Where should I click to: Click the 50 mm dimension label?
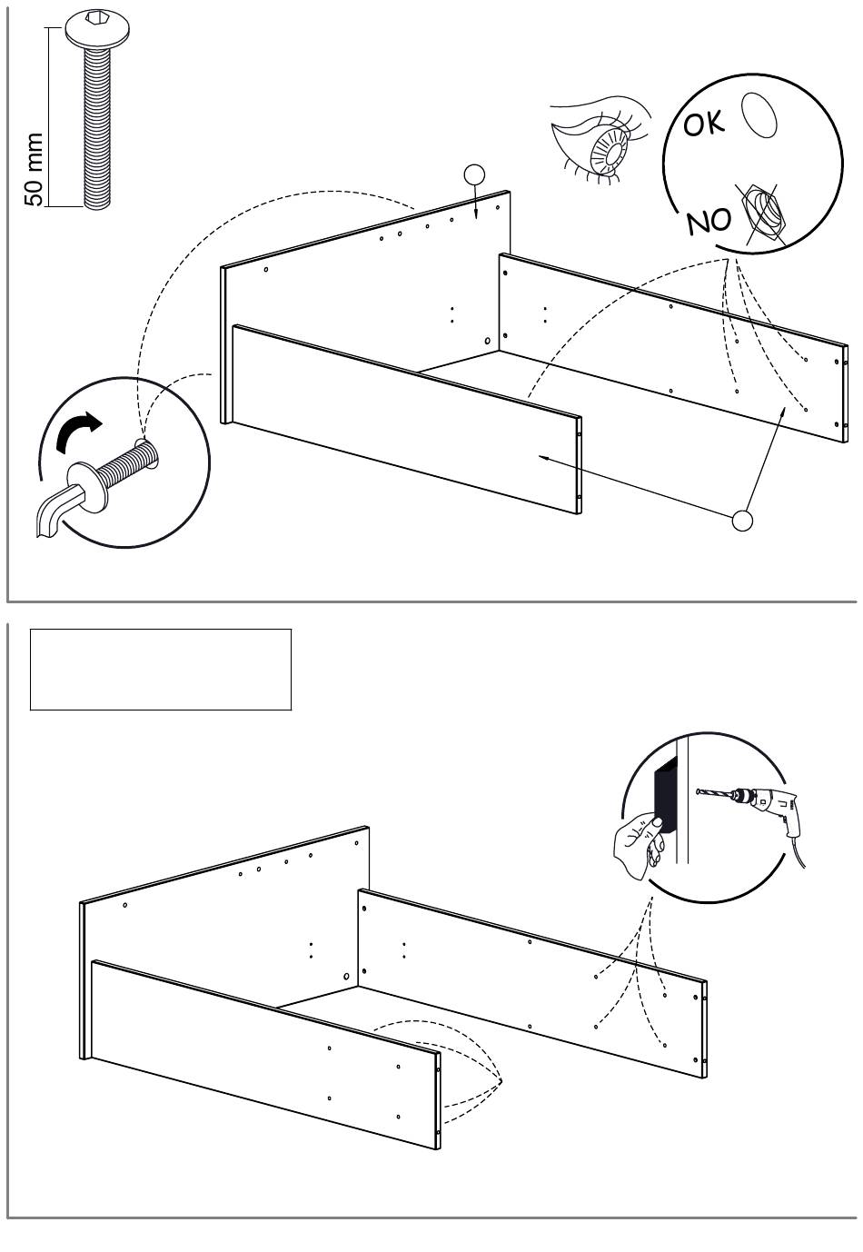(x=35, y=169)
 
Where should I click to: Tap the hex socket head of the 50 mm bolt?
(x=97, y=29)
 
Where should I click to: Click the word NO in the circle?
(x=709, y=222)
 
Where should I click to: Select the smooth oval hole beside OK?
(x=759, y=114)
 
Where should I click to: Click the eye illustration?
(x=600, y=140)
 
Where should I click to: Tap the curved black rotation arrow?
(x=77, y=431)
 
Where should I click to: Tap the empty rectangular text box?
(x=161, y=669)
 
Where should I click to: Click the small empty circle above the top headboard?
(x=474, y=175)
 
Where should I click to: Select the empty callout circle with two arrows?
(x=741, y=521)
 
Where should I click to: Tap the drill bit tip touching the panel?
(x=698, y=791)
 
